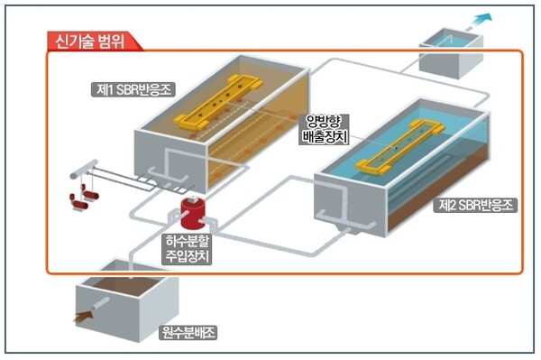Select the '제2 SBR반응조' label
[x=475, y=206]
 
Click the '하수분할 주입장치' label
[x=190, y=249]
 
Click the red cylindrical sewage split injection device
[x=193, y=214]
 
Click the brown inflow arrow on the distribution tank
[x=86, y=316]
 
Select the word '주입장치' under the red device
[x=190, y=257]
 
